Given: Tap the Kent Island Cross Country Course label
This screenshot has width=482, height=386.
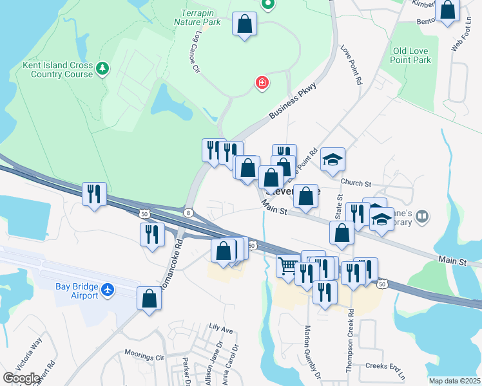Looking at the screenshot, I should pos(57,69).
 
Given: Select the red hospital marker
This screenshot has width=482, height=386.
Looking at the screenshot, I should pos(262,82).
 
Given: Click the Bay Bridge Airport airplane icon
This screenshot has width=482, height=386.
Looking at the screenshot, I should pos(108,291).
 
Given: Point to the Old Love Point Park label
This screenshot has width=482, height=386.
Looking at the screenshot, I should pos(411,55).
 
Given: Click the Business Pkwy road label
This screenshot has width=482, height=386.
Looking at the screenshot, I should pos(293,100).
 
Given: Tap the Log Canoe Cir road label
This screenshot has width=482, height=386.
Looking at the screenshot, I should pos(196,58).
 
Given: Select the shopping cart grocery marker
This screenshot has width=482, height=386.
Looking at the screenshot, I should pos(288,264).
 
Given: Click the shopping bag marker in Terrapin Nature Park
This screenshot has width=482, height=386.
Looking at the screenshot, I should pos(244,24).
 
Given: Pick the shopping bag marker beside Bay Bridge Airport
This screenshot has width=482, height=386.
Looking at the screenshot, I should pos(149,299).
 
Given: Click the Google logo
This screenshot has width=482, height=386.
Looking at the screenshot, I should pos(22,378).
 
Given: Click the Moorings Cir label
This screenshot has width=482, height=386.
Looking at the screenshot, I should pos(146,356).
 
